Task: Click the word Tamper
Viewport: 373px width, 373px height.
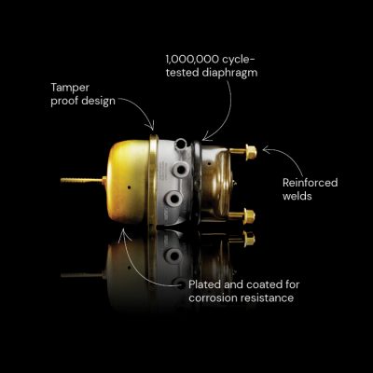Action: click(70, 88)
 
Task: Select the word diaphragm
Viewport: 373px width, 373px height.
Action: click(229, 73)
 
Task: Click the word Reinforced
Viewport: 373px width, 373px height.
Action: click(311, 183)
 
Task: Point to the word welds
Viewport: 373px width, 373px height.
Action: click(297, 196)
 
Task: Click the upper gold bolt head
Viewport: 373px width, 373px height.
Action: click(251, 152)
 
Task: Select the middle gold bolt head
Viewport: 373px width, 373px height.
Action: click(249, 216)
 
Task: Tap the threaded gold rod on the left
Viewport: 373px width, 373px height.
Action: click(81, 180)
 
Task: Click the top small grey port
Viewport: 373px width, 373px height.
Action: click(181, 144)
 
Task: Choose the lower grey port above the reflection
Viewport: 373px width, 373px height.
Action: click(173, 198)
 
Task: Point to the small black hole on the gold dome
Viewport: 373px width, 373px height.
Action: click(129, 187)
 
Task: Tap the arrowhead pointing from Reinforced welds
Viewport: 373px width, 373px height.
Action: click(266, 150)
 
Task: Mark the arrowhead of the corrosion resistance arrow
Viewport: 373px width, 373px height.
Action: click(123, 232)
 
